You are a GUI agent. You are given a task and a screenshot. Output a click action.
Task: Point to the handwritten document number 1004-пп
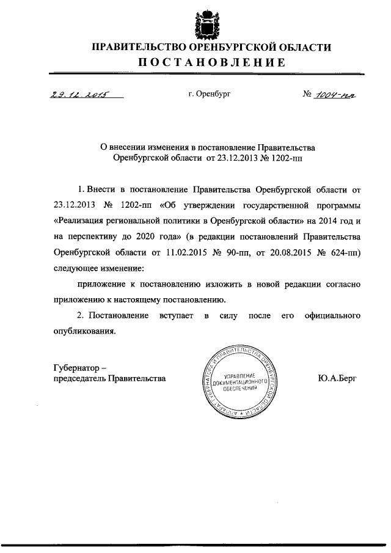click(x=334, y=95)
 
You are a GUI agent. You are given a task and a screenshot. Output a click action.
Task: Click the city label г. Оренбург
click(x=210, y=95)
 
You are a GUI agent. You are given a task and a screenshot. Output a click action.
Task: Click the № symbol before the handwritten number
click(x=306, y=95)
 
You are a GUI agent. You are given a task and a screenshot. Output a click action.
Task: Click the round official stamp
click(x=238, y=384)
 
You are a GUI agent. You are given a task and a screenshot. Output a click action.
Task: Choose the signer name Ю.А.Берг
click(x=338, y=378)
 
